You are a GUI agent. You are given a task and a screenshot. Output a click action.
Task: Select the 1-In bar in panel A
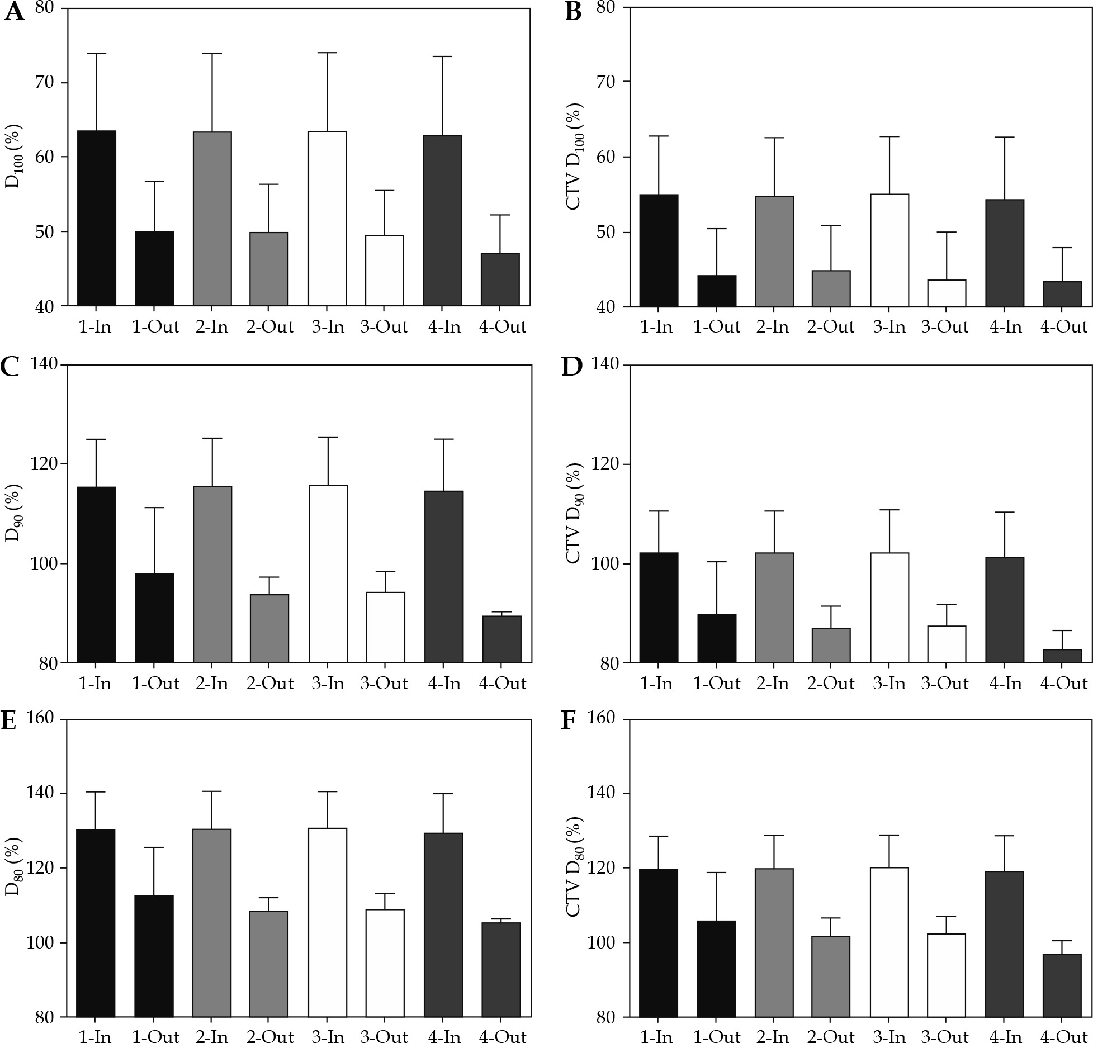pyautogui.click(x=97, y=218)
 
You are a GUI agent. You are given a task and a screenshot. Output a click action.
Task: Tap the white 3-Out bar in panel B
pyautogui.click(x=947, y=293)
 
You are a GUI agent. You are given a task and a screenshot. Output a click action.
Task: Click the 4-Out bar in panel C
pyautogui.click(x=501, y=639)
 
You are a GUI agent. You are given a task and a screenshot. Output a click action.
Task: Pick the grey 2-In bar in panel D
pyautogui.click(x=774, y=608)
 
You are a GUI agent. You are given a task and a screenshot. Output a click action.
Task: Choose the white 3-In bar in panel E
pyautogui.click(x=328, y=922)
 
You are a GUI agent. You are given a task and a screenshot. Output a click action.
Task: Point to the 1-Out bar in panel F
pyautogui.click(x=717, y=969)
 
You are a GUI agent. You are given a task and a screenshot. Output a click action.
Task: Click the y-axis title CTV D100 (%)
pyautogui.click(x=575, y=156)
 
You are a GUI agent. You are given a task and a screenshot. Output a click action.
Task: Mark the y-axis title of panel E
pyautogui.click(x=13, y=867)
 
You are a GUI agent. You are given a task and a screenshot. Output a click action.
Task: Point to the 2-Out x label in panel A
pyautogui.click(x=270, y=327)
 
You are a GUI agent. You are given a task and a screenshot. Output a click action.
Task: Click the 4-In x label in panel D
pyautogui.click(x=1005, y=683)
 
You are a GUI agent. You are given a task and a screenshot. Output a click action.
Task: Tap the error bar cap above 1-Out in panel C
pyautogui.click(x=155, y=508)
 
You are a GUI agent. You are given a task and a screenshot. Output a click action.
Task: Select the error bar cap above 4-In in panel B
pyautogui.click(x=1005, y=137)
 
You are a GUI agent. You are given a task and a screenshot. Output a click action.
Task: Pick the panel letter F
pyautogui.click(x=567, y=721)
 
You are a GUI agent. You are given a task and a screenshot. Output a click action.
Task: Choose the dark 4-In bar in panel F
pyautogui.click(x=1005, y=944)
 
